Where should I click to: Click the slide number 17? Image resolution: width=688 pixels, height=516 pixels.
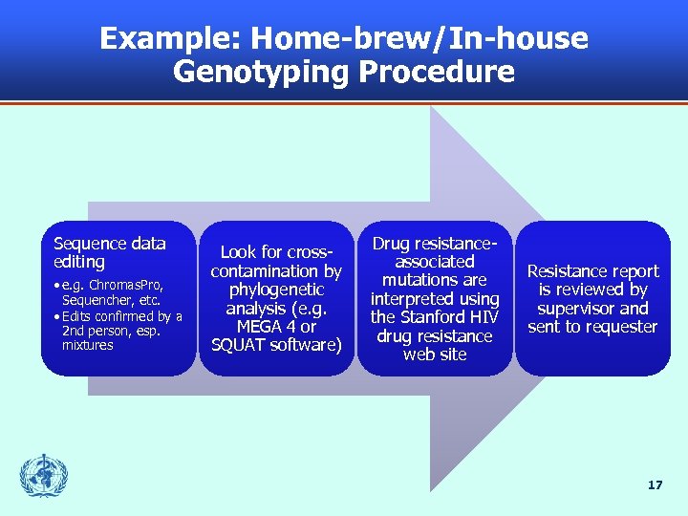click(655, 485)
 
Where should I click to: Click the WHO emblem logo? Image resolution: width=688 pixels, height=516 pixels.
click(44, 476)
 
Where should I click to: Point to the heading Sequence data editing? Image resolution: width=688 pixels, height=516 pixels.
click(109, 252)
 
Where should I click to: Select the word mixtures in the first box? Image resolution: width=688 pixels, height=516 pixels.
click(87, 345)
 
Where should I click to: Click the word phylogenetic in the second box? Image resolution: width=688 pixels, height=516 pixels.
click(276, 290)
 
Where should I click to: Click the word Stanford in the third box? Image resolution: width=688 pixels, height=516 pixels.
click(434, 317)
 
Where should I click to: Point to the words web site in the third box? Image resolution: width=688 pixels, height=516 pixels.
click(435, 355)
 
